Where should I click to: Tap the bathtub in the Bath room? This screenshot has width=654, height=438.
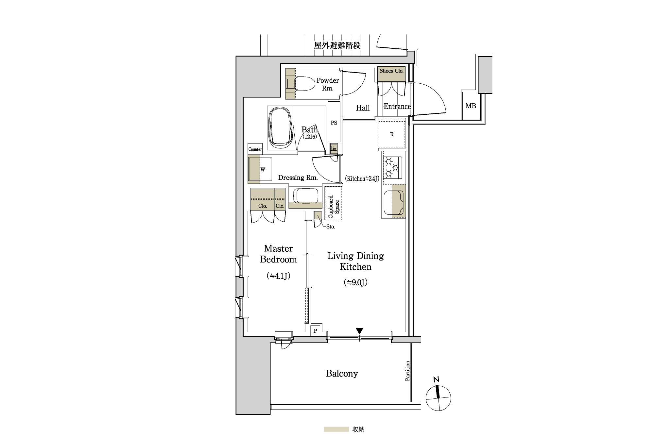pos(280,128)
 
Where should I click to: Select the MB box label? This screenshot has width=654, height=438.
pos(471,106)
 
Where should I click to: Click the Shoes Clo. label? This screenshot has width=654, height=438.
pos(391,71)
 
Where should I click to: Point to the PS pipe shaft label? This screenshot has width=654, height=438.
pos(334,123)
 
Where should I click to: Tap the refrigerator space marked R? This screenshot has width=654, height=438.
pos(392,134)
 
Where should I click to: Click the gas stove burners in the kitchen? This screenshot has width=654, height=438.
pos(392,168)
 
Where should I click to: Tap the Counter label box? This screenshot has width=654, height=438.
pos(255,149)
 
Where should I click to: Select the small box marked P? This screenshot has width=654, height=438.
pos(315,331)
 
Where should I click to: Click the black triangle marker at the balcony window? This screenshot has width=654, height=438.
pos(359,331)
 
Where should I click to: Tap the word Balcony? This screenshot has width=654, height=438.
pos(342,373)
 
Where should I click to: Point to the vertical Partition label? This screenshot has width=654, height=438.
pos(407,371)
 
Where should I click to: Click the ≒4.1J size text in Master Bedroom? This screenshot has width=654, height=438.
pos(279,276)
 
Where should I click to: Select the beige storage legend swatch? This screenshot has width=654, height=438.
pos(336,429)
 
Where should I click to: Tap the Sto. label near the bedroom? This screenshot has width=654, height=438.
pos(331,227)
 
